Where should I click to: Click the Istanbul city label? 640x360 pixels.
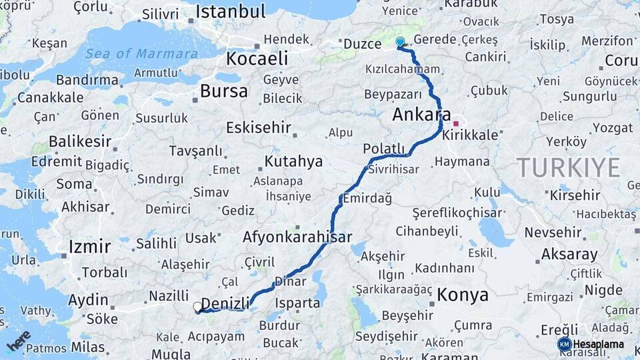pyautogui.click(x=230, y=11)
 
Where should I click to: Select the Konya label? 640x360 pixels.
pyautogui.click(x=463, y=295)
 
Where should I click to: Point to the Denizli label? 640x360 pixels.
pyautogui.click(x=225, y=303)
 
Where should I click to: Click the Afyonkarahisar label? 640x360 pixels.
pyautogui.click(x=297, y=237)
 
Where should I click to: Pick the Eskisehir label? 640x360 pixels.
pyautogui.click(x=259, y=127)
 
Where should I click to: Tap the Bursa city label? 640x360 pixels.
pyautogui.click(x=224, y=91)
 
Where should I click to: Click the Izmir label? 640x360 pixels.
pyautogui.click(x=89, y=247)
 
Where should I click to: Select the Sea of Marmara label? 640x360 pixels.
pyautogui.click(x=141, y=54)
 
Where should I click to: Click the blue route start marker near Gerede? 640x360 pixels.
pyautogui.click(x=400, y=42)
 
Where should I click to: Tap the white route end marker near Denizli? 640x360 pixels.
pyautogui.click(x=197, y=307)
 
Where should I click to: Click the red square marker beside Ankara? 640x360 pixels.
pyautogui.click(x=456, y=123)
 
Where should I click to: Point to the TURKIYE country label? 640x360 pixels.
pyautogui.click(x=568, y=167)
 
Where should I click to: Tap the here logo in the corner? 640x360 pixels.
pyautogui.click(x=19, y=340)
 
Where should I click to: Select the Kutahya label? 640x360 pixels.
pyautogui.click(x=293, y=161)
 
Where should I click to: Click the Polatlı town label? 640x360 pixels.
pyautogui.click(x=384, y=148)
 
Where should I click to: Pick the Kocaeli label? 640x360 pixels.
pyautogui.click(x=257, y=59)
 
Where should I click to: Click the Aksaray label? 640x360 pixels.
pyautogui.click(x=569, y=255)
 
